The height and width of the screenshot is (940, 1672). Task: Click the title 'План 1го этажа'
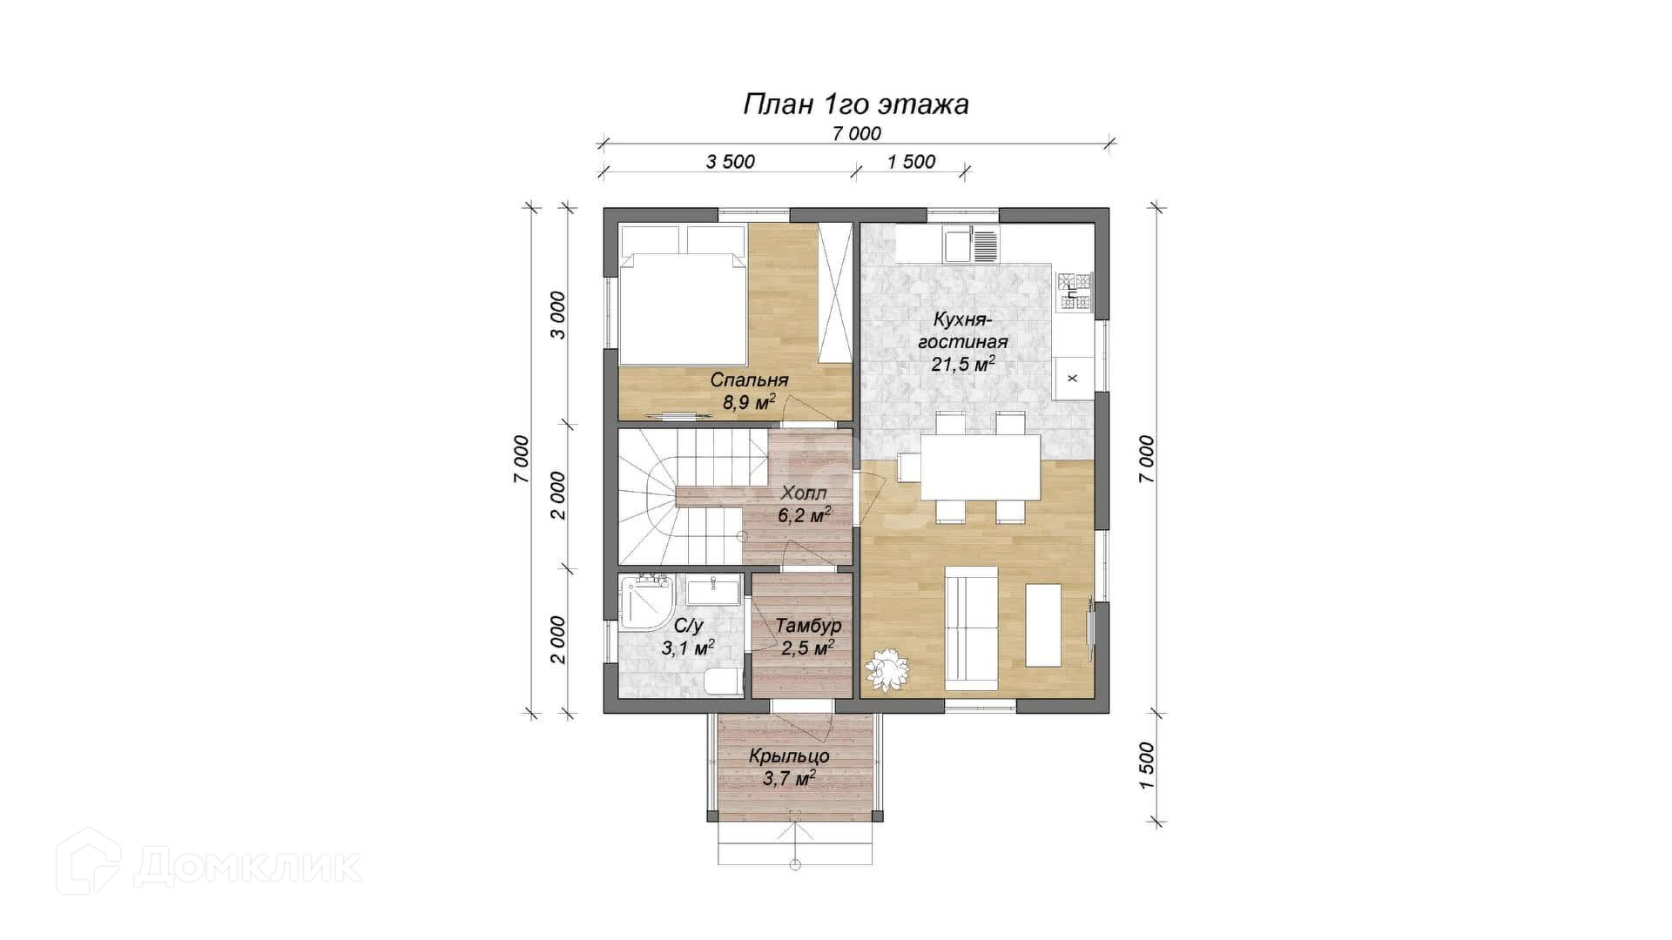tap(855, 104)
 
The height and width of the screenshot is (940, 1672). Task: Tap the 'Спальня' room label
tap(749, 380)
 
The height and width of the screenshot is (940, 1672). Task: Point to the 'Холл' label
tap(804, 493)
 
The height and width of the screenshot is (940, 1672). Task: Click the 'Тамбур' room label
tap(808, 626)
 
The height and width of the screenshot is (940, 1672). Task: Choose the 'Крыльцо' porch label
tap(789, 756)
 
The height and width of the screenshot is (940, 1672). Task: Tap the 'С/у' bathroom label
tap(688, 626)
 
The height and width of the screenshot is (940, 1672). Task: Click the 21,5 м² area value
tap(963, 364)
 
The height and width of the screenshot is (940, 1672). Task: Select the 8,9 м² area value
tap(749, 402)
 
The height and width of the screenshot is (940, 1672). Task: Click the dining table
tap(981, 467)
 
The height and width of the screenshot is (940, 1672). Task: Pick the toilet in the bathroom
tap(724, 681)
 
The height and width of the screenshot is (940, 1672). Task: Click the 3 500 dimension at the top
tap(730, 162)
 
